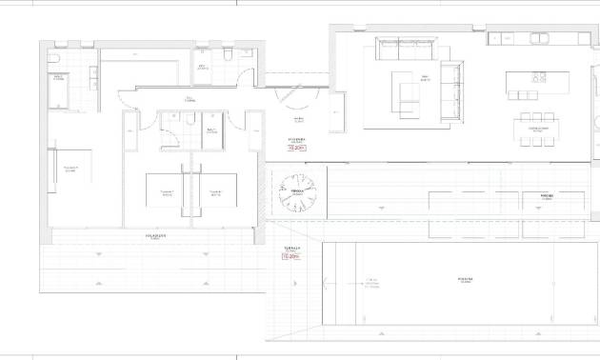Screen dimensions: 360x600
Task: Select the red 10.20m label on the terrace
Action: pyautogui.click(x=290, y=256)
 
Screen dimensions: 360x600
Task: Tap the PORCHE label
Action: pyautogui.click(x=546, y=195)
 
